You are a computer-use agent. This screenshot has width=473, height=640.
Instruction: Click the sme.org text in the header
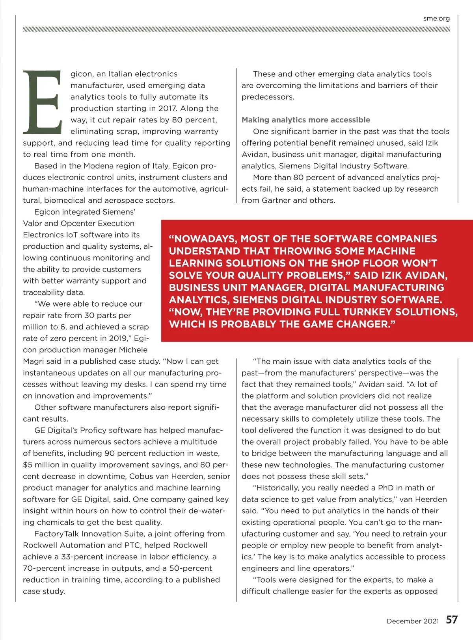click(436, 18)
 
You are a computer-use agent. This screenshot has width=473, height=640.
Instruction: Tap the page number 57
click(452, 620)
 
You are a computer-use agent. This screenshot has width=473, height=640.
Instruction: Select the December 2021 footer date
click(413, 621)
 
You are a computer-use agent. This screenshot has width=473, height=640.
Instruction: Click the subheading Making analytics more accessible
click(306, 120)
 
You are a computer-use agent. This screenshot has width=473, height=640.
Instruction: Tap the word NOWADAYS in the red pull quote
click(205, 239)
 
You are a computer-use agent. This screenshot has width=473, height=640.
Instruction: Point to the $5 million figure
click(42, 465)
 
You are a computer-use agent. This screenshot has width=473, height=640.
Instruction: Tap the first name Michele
click(133, 350)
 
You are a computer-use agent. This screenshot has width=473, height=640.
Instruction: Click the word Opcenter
click(78, 223)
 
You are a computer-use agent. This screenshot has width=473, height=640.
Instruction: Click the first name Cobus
click(141, 476)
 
